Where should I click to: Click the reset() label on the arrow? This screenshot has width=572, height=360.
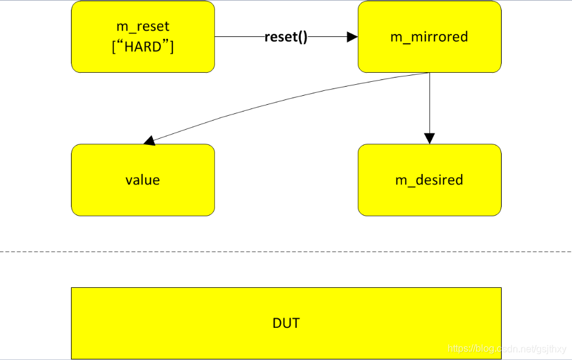click(x=286, y=37)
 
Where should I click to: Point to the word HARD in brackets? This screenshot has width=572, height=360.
click(x=143, y=47)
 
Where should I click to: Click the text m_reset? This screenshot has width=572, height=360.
click(x=143, y=27)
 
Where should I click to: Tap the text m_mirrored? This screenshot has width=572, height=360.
click(x=429, y=37)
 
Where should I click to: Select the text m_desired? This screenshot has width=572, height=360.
click(x=429, y=180)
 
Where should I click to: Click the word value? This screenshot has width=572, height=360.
click(x=143, y=180)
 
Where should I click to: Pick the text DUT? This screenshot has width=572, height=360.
click(x=286, y=323)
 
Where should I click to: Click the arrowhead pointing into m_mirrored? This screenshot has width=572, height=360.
click(x=352, y=37)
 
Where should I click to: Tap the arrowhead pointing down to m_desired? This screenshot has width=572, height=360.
click(x=429, y=138)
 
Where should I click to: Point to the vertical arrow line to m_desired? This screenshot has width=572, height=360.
click(x=429, y=103)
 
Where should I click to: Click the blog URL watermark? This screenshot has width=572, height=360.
click(x=506, y=349)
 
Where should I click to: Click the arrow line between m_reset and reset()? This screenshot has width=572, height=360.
click(x=239, y=37)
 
